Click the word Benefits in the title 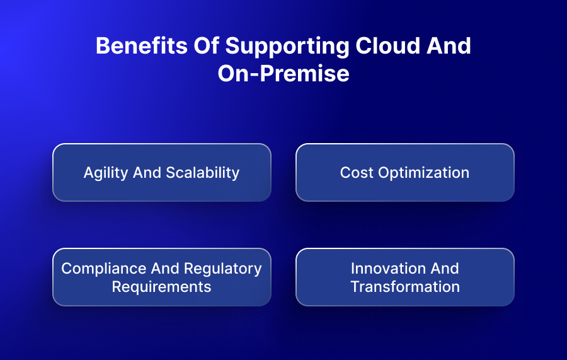coord(142,46)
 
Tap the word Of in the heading coord(206,46)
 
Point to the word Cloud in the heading coord(387,46)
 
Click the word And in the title coord(449,46)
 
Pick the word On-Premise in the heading coord(283,73)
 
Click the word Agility coord(106,173)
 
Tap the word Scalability coord(202,173)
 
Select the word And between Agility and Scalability coord(147,173)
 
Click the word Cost coord(357,173)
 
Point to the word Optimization coord(424,173)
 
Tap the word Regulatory coord(223,269)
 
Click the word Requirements coord(161,287)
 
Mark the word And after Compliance coord(165,269)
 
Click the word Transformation coord(405,287)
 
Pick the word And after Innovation coord(444,269)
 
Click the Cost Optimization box coord(405,173)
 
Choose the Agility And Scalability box coord(162,173)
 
